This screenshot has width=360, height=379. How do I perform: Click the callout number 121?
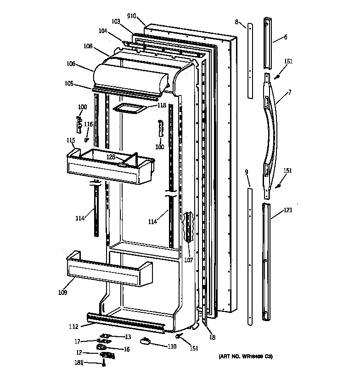(x=288, y=210)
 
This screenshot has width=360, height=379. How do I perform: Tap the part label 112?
(x=73, y=327)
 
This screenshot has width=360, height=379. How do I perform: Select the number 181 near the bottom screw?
(x=79, y=362)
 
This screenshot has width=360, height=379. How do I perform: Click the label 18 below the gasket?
(x=212, y=338)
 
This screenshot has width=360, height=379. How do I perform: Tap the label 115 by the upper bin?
(x=71, y=140)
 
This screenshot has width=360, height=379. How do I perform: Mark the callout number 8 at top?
(x=236, y=22)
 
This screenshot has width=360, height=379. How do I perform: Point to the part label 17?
(x=77, y=341)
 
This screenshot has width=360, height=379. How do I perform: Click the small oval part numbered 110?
(x=146, y=340)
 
